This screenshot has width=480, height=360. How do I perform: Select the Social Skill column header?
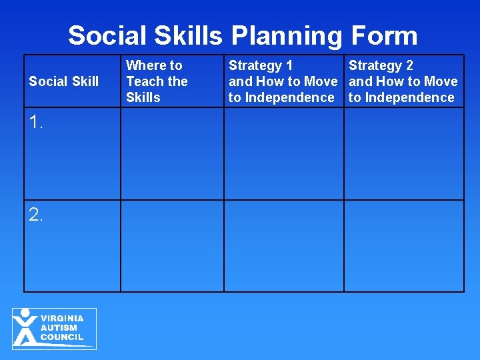coord(63,81)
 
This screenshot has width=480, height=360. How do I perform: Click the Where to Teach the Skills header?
coord(157,81)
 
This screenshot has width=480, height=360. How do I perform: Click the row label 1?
coord(36,121)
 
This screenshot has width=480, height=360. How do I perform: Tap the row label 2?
coord(36,214)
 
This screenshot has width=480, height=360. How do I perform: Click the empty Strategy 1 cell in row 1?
coord(283,153)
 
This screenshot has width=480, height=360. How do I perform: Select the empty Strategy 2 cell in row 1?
coord(403,153)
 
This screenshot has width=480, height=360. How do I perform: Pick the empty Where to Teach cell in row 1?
coord(172,153)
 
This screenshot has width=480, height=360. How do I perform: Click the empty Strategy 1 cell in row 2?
coord(283,245)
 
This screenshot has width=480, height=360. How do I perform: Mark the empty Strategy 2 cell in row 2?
coord(403,245)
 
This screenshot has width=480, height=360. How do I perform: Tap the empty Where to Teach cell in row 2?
coord(172,245)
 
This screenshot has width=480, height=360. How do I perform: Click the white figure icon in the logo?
coord(26,327)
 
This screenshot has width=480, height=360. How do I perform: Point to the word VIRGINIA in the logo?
coord(62,319)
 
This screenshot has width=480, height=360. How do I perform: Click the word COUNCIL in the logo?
coord(62,337)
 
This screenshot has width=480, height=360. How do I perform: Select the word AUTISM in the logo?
coord(59,328)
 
